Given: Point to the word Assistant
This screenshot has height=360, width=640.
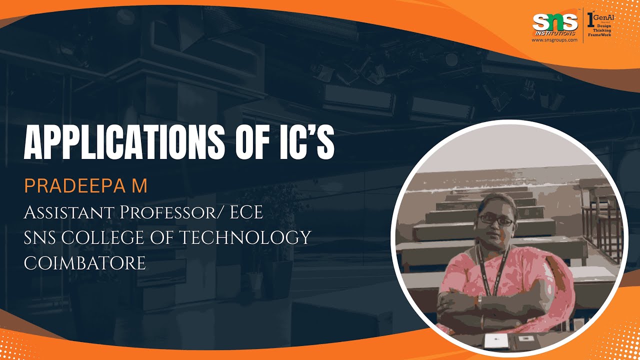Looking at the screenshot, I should (x=68, y=212).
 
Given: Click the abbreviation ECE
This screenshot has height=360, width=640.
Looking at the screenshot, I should (x=245, y=212).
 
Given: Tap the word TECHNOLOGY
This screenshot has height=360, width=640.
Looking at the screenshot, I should (x=245, y=237).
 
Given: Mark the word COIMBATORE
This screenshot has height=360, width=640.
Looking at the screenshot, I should (x=85, y=263).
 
